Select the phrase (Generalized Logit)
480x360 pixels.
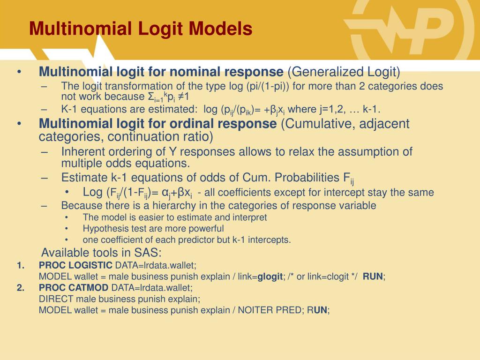tap(344, 72)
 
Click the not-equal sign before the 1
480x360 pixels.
tap(180, 97)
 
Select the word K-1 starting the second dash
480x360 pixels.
tap(69, 110)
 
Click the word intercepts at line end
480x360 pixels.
tap(271, 240)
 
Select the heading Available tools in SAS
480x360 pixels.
tap(101, 253)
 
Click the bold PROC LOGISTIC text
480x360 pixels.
tap(75, 265)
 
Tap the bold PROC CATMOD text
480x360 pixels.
tap(74, 288)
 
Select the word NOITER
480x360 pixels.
tap(253, 310)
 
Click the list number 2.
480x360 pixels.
tap(20, 288)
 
